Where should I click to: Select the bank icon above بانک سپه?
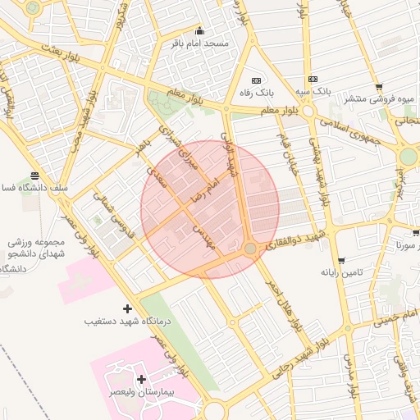(313, 80)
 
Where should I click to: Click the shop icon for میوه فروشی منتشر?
(378, 87)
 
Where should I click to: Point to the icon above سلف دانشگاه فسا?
(34, 176)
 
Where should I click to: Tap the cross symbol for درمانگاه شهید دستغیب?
(126, 308)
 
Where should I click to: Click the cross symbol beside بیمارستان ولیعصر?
(142, 379)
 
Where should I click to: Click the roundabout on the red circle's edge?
(250, 248)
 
